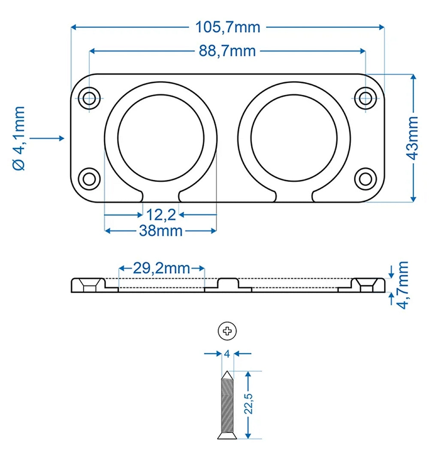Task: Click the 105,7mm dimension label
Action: pyautogui.click(x=228, y=27)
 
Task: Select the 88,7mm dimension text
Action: pyautogui.click(x=227, y=51)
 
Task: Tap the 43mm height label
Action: pyautogui.click(x=414, y=137)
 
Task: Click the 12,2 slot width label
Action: pyautogui.click(x=160, y=213)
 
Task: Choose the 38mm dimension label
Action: pyautogui.click(x=160, y=231)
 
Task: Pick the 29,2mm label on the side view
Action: pyautogui.click(x=161, y=269)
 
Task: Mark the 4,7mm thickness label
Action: pyautogui.click(x=404, y=285)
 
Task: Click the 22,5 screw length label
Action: pyautogui.click(x=249, y=405)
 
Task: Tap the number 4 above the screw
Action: pyautogui.click(x=227, y=354)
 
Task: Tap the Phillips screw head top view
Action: pyautogui.click(x=227, y=331)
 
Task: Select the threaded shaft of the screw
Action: pyautogui.click(x=227, y=406)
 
